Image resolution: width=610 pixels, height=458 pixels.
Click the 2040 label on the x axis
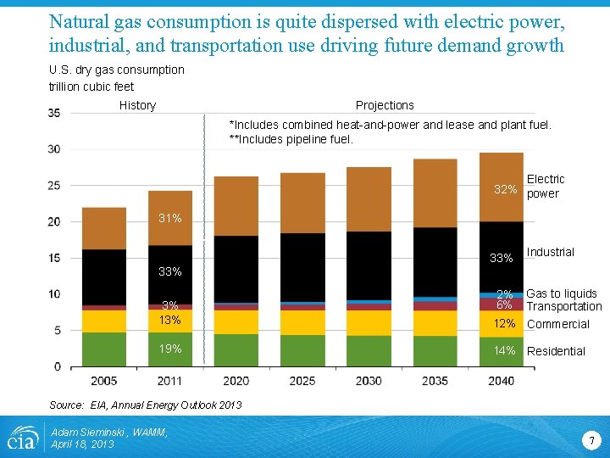coord(501,381)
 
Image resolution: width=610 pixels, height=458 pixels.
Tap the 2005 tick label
coord(103,381)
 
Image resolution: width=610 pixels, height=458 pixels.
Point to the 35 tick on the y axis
coord(53,113)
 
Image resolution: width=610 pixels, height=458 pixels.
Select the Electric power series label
coord(545,187)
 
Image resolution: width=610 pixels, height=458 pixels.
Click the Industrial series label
coord(550,252)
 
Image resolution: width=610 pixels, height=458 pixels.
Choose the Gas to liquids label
coord(561,293)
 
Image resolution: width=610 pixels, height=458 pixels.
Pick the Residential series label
coord(556,351)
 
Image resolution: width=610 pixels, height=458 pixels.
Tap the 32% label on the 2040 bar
coord(506,188)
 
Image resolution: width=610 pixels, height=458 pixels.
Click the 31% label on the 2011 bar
coord(170,219)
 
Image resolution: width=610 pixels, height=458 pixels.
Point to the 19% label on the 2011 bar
coord(170,349)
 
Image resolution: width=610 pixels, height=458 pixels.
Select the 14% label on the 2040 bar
coord(505,350)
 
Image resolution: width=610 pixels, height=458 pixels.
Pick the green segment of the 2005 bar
coord(103,349)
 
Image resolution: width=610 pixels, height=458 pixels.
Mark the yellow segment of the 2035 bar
coord(435,323)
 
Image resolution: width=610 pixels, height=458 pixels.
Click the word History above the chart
coord(137,105)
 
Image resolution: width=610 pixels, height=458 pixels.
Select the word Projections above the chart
coord(385,105)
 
